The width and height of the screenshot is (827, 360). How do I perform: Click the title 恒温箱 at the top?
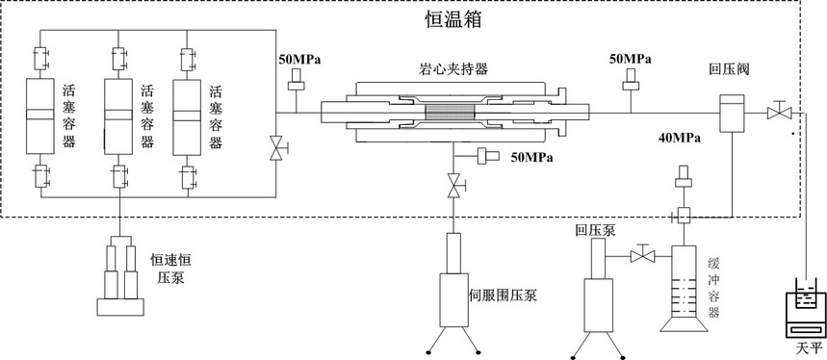click(x=453, y=20)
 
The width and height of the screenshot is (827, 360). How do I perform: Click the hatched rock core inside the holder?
click(x=451, y=113)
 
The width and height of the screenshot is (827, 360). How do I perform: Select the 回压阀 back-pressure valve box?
click(x=732, y=113)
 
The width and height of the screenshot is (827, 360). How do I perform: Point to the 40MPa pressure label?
click(x=680, y=139)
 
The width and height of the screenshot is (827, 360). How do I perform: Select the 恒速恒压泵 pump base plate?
click(x=120, y=307)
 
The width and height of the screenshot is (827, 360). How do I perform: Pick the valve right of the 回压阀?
click(x=779, y=111)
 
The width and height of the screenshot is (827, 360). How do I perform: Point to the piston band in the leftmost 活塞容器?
click(x=40, y=115)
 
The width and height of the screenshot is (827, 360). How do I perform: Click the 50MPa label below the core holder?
click(x=531, y=157)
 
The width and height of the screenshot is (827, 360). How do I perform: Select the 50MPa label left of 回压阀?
click(x=631, y=59)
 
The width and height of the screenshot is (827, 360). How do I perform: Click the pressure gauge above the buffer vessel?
click(x=684, y=176)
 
